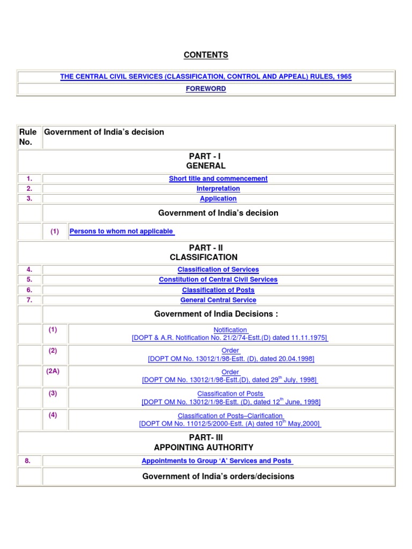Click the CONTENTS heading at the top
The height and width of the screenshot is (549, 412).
tap(206, 55)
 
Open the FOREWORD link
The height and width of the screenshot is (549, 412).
tap(206, 89)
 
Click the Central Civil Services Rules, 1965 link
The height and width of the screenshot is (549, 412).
tap(206, 77)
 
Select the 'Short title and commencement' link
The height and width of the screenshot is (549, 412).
tap(218, 179)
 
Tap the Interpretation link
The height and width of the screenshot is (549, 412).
tap(218, 189)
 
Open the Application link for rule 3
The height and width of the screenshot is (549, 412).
tap(218, 199)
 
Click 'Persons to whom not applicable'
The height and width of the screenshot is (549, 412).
tap(121, 231)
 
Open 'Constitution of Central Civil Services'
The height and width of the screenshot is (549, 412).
tap(218, 280)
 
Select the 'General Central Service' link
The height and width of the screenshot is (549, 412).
tap(218, 300)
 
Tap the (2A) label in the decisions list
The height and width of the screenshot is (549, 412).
tap(53, 371)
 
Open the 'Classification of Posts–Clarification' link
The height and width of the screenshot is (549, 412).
tap(230, 416)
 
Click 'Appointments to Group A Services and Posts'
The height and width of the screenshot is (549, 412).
tap(217, 461)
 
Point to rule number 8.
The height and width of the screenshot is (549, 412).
tap(30, 461)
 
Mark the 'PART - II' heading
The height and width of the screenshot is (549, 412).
tap(206, 248)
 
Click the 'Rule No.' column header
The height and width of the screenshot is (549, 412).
tap(28, 137)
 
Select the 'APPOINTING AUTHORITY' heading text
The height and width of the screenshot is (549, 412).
tap(204, 448)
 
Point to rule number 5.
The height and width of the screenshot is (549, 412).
tap(30, 280)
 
